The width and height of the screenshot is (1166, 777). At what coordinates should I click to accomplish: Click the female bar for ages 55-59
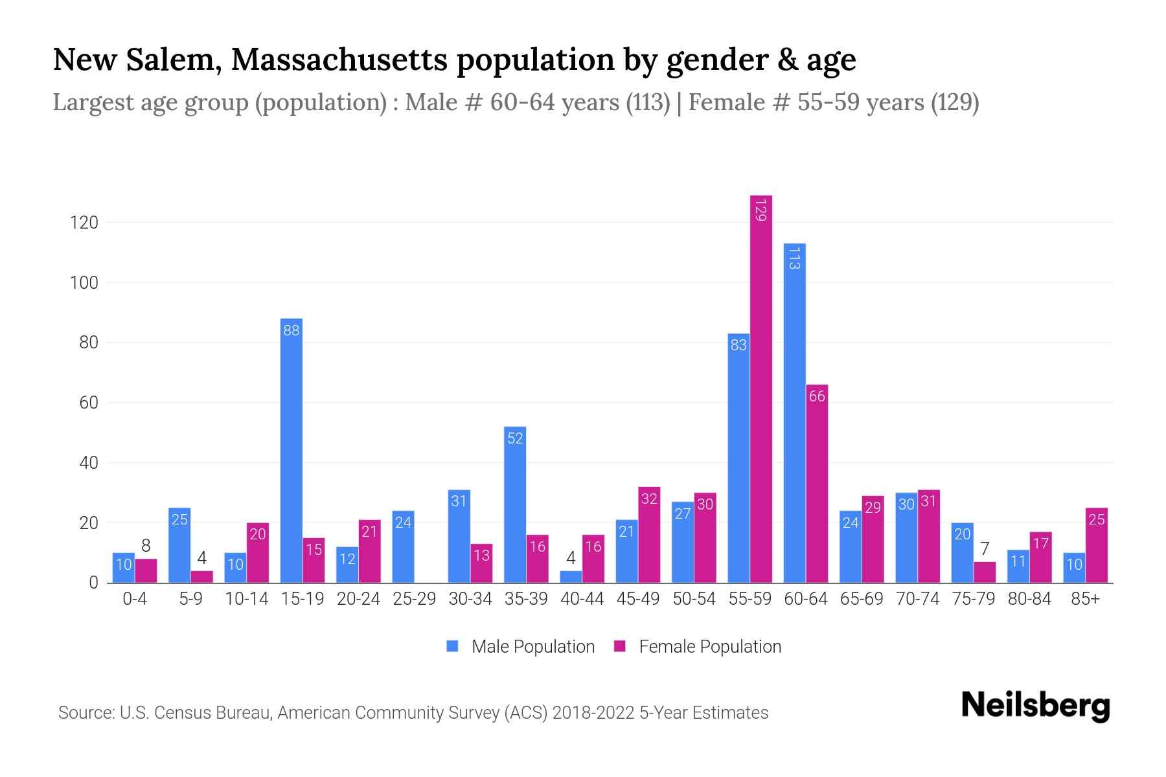click(761, 388)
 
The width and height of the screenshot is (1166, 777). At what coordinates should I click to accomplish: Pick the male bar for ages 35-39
click(515, 505)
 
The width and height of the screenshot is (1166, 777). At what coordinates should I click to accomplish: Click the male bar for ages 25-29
click(403, 547)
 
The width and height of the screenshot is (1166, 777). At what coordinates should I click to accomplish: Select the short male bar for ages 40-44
click(571, 576)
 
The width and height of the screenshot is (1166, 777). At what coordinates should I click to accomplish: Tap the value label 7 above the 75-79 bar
click(985, 549)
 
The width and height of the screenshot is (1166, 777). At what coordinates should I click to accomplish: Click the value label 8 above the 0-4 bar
click(146, 546)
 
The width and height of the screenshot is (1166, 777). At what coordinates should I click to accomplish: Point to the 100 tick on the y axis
click(84, 283)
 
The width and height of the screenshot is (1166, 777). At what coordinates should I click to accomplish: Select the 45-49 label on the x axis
click(638, 599)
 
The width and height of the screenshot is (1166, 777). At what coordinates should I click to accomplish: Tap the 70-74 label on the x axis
click(917, 599)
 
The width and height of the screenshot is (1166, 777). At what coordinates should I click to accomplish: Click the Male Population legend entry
click(521, 647)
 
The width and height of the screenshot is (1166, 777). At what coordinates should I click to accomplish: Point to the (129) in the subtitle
click(955, 102)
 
